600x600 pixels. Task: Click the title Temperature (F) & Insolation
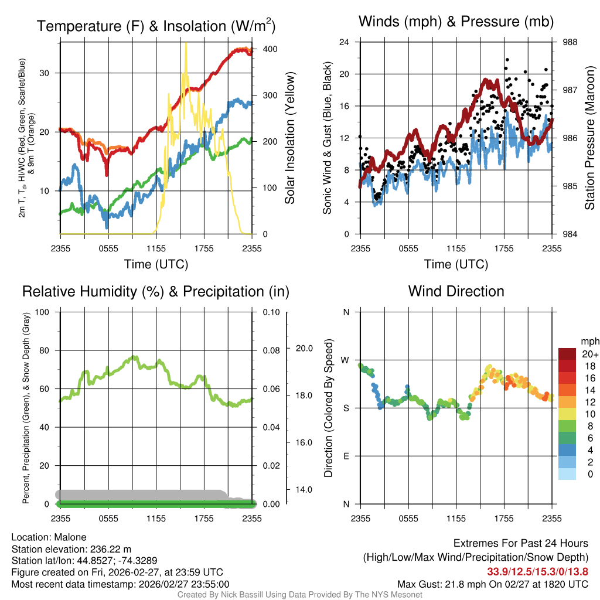tap(156, 26)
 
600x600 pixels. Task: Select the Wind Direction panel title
tap(456, 291)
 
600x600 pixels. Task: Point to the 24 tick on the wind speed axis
tap(345, 42)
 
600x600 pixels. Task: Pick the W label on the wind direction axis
tap(346, 360)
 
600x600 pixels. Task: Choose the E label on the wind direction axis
tap(346, 456)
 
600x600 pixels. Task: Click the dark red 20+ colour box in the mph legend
tap(568, 354)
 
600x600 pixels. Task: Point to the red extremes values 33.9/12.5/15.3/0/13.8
tap(537, 571)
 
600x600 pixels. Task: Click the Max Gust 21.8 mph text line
tap(493, 584)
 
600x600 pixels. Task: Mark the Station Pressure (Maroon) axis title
tap(590, 139)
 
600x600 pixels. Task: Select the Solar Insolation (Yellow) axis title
tap(290, 138)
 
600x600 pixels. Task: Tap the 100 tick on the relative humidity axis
tap(43, 312)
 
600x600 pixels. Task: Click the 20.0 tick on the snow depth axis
tap(302, 348)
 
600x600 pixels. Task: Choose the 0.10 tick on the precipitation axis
tap(271, 312)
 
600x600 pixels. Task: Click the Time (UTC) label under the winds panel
tap(456, 264)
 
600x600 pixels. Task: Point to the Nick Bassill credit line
tap(299, 595)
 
